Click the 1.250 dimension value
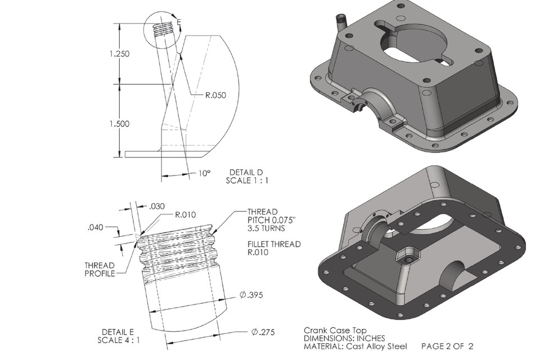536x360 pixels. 119,54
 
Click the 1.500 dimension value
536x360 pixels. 119,124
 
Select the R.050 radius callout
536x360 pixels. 215,95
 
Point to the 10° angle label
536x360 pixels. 204,173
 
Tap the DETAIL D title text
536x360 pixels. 246,172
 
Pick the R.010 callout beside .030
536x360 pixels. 185,214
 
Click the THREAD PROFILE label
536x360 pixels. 100,269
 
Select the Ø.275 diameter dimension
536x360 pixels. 262,332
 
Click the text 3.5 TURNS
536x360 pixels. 266,229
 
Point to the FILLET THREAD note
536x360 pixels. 273,244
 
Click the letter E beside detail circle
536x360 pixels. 178,21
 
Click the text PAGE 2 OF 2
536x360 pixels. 447,346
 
